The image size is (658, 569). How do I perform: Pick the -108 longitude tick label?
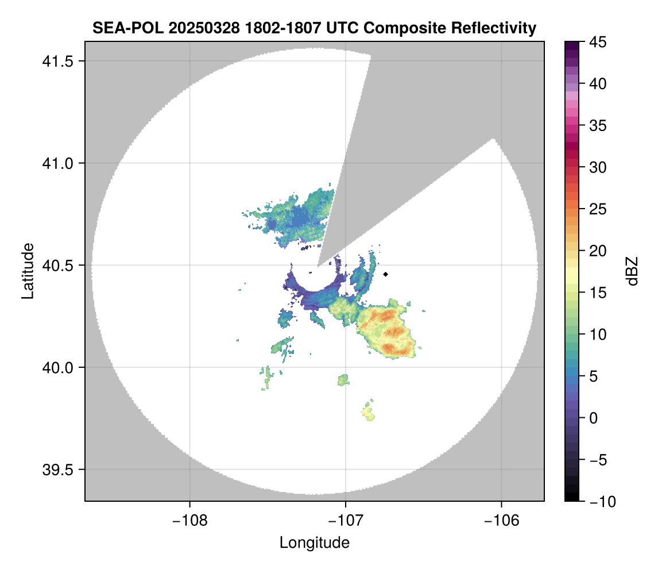click(x=189, y=521)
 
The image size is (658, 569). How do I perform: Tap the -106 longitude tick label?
click(x=502, y=521)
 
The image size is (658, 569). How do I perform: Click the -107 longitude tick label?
click(x=346, y=521)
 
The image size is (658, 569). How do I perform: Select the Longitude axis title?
click(x=314, y=543)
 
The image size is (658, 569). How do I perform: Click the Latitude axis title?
click(x=27, y=271)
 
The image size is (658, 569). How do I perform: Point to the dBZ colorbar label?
click(x=632, y=271)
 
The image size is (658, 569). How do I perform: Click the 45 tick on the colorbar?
click(x=595, y=42)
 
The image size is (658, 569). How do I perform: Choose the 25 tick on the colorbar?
click(x=595, y=209)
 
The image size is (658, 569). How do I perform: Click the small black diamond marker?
click(x=386, y=274)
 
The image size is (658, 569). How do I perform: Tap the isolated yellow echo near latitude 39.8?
click(x=368, y=412)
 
